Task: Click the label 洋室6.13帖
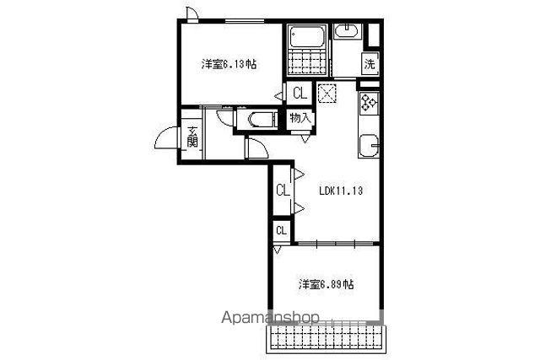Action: (229, 64)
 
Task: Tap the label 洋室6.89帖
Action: (326, 285)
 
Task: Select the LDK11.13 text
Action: (341, 191)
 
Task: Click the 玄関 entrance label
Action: (192, 137)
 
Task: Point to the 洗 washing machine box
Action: (370, 64)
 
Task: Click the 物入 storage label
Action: (300, 118)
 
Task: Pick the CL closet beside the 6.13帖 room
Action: (300, 93)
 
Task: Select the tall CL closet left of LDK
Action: (283, 190)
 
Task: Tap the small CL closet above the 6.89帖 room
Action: (282, 230)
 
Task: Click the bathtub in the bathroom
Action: (307, 36)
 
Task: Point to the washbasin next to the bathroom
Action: (347, 31)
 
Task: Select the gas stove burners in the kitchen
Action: (369, 103)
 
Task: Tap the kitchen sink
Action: (370, 146)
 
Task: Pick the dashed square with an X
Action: (327, 93)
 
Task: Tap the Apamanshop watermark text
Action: (270, 318)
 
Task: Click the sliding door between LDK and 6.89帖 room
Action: (335, 244)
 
